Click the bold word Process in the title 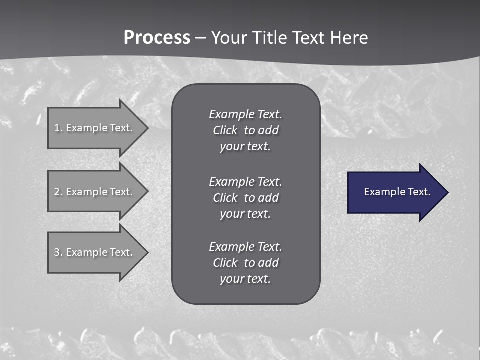click(x=157, y=38)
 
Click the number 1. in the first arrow click(x=58, y=128)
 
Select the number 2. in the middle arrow click(x=58, y=192)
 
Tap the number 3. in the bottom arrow click(x=58, y=252)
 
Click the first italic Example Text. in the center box click(x=245, y=114)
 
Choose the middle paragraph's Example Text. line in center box click(x=245, y=181)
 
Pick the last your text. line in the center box click(x=245, y=279)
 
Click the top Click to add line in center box click(x=245, y=130)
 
